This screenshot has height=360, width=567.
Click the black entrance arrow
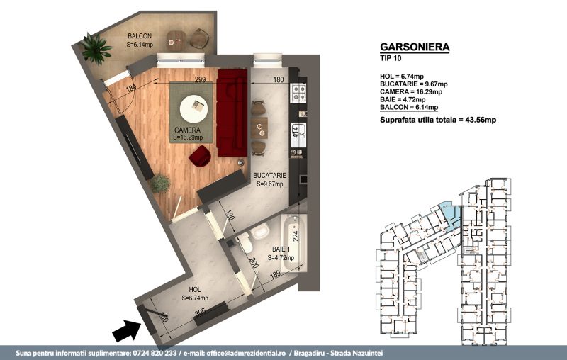128,331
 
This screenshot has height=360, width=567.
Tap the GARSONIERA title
415,47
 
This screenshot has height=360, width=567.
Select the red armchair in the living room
200,155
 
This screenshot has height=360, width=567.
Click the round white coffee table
193,109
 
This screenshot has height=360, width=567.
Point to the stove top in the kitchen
298,93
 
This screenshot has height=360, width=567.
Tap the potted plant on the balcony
96,48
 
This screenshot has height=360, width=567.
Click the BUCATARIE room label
269,176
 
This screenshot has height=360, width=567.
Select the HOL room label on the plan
194,290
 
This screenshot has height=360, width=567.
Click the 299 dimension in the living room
200,79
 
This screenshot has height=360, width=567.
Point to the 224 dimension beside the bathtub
296,236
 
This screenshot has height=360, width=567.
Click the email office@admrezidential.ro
245,353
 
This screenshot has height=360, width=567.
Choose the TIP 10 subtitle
391,58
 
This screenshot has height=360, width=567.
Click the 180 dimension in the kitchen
278,79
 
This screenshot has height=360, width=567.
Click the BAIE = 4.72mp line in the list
403,99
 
